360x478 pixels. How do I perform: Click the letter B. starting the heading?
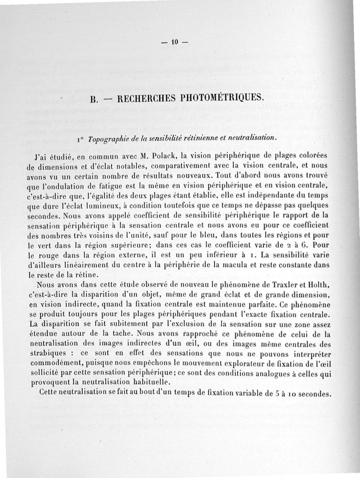94,99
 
